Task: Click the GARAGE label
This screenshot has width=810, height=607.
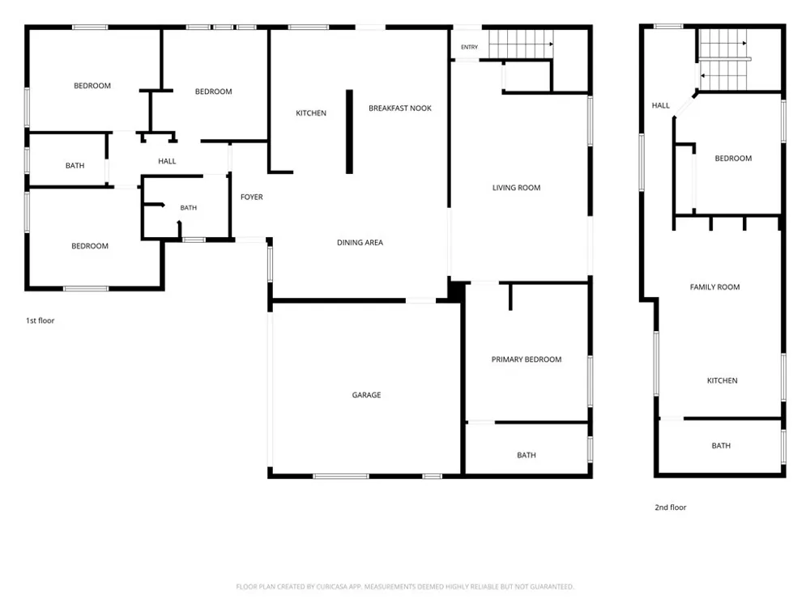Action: [366, 395]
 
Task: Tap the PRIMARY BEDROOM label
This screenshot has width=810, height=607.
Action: [526, 359]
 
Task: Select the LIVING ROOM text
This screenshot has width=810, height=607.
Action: [516, 188]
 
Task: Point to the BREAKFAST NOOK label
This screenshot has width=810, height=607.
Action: [400, 108]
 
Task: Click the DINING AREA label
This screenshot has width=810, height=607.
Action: [360, 242]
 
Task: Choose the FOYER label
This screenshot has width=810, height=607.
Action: [252, 197]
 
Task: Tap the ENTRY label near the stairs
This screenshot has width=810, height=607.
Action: [469, 47]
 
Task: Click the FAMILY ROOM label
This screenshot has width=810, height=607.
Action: [714, 287]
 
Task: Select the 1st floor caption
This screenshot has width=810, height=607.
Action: [40, 320]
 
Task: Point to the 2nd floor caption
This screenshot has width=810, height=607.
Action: [671, 507]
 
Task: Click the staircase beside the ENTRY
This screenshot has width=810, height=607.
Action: [521, 44]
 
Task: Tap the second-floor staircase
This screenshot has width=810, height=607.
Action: [723, 60]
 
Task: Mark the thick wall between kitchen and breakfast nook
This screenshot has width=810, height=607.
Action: [349, 132]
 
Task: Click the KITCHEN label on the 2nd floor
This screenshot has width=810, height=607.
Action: [722, 380]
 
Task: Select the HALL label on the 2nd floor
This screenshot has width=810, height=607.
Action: [660, 105]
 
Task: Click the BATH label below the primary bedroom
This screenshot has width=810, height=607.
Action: [526, 455]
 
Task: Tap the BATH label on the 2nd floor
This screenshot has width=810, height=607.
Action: [721, 445]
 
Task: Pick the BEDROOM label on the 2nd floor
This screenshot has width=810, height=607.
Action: [733, 159]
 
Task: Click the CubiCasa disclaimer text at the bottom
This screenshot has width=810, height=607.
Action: [405, 586]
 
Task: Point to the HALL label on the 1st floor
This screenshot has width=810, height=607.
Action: [167, 161]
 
